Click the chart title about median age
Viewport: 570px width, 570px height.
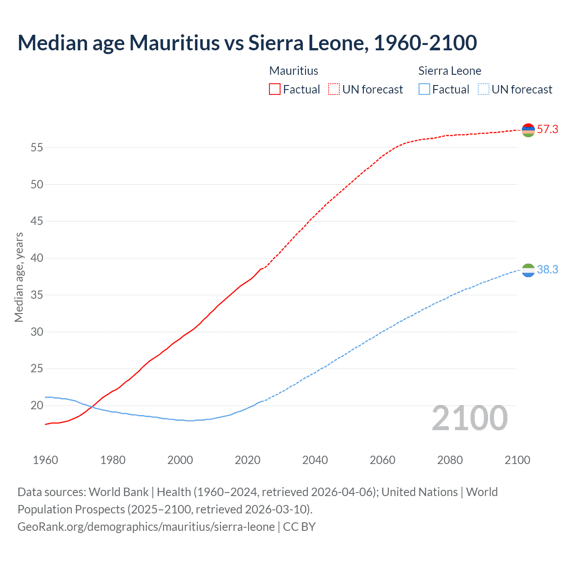pos(247,43)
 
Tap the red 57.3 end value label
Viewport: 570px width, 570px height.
pos(547,130)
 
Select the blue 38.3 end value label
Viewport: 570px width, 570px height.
pos(547,270)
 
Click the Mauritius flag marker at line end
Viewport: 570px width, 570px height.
pos(528,130)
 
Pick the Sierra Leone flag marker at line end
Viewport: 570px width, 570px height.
pos(528,270)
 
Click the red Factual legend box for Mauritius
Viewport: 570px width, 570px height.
pos(275,90)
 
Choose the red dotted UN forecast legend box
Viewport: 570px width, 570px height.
pos(334,90)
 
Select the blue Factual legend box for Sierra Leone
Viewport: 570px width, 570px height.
pos(424,90)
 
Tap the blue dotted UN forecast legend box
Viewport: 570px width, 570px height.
pos(483,90)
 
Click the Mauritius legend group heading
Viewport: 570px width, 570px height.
pos(293,71)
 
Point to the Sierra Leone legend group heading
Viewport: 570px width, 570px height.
pos(450,71)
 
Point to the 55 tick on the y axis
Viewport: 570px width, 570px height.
pos(37,147)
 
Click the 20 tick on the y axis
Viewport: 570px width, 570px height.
pos(37,406)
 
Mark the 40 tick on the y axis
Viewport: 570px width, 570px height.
pos(37,258)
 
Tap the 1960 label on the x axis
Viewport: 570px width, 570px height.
pos(45,460)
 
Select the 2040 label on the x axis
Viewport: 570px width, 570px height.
pos(315,460)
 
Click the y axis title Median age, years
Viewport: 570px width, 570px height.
pos(19,277)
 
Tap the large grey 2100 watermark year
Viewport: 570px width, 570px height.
pos(470,418)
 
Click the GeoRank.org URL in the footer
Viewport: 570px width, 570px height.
pos(146,527)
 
